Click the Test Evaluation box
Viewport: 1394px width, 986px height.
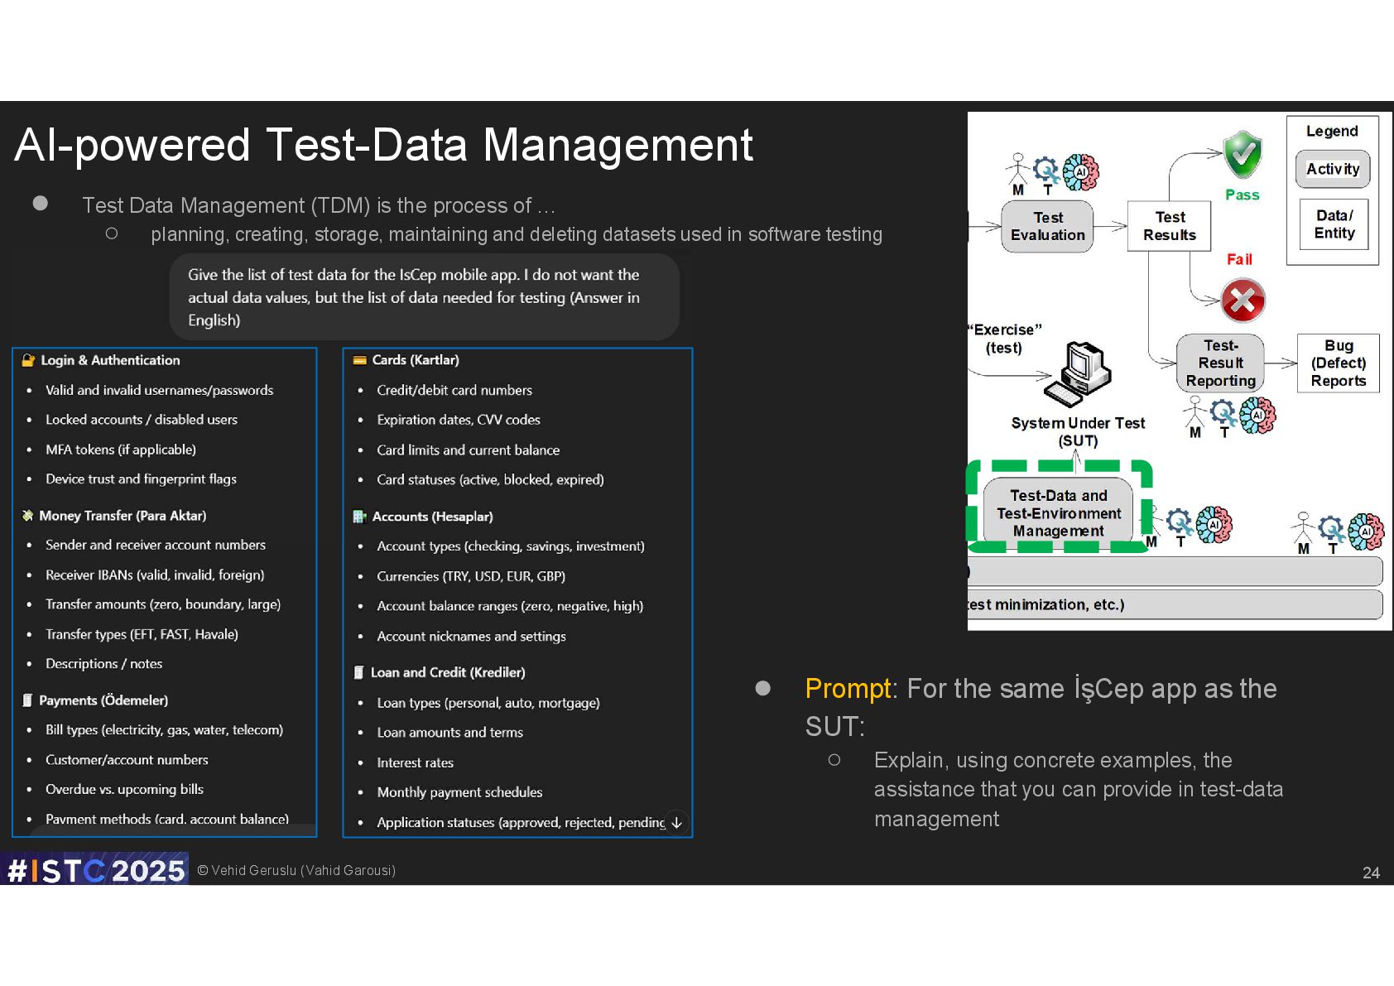(x=1047, y=226)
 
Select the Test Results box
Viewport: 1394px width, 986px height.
(x=1169, y=226)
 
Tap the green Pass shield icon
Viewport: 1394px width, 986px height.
(x=1243, y=154)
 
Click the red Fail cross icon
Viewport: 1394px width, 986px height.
(x=1243, y=300)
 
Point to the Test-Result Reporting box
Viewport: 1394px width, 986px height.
(x=1220, y=363)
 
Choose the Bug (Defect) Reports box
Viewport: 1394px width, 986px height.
(x=1338, y=363)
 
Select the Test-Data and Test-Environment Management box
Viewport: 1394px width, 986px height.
(x=1059, y=513)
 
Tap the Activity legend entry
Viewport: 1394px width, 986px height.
(x=1333, y=169)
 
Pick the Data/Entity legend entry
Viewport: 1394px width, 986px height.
(x=1334, y=224)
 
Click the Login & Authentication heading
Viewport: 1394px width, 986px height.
(x=110, y=360)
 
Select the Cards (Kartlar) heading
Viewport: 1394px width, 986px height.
(x=415, y=360)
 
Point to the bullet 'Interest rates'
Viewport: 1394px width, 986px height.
(x=415, y=762)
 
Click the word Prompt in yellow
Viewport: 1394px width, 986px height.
(x=848, y=689)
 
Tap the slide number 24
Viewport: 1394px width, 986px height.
(x=1371, y=873)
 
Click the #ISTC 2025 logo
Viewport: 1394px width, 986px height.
(x=94, y=869)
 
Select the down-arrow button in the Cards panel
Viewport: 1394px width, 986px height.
(x=676, y=822)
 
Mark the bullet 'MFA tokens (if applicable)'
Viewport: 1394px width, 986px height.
(x=121, y=450)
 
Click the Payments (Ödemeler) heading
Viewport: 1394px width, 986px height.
(x=103, y=700)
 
